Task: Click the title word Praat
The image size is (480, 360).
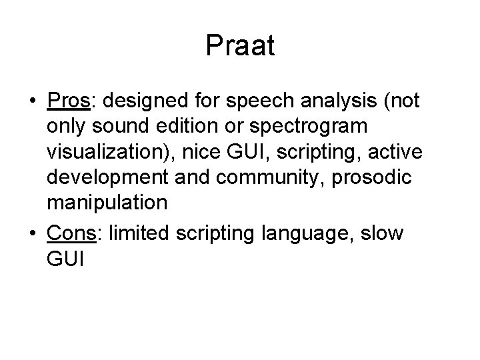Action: tap(240, 46)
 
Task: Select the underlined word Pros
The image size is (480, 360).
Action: tap(69, 101)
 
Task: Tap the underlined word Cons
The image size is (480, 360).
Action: tap(70, 234)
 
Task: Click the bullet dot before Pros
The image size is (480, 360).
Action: tap(32, 101)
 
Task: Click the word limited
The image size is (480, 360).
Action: tap(138, 234)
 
